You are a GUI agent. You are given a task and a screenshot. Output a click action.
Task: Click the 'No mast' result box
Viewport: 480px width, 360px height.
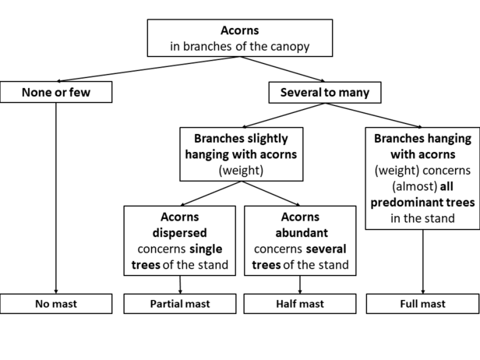(x=56, y=304)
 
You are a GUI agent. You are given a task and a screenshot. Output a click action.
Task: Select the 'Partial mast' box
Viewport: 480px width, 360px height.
(x=180, y=304)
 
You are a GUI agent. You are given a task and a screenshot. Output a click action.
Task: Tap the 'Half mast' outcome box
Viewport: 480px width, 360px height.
(x=300, y=304)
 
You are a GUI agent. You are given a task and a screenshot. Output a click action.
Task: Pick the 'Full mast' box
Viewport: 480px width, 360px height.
(x=423, y=304)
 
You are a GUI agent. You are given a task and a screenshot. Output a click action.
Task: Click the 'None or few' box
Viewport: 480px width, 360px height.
(x=56, y=92)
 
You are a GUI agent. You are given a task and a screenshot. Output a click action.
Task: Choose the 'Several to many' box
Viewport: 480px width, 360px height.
(x=325, y=93)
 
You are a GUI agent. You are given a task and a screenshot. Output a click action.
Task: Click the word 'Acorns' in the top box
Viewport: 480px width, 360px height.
(x=240, y=30)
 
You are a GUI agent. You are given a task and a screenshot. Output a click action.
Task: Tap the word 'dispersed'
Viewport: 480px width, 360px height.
(x=180, y=233)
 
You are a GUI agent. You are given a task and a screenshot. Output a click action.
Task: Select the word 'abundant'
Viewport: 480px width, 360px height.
(x=302, y=233)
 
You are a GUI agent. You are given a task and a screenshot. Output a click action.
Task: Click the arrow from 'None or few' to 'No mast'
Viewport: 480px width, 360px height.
(x=56, y=199)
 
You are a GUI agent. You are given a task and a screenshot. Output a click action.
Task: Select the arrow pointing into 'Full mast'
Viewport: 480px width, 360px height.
(x=423, y=262)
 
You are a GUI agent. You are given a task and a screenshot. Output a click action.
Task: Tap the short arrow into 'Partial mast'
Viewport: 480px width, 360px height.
(x=180, y=284)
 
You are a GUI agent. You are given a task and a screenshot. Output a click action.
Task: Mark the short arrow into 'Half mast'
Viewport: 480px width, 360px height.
(x=300, y=284)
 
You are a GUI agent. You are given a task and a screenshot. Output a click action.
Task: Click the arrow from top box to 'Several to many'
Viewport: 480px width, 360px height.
(x=282, y=69)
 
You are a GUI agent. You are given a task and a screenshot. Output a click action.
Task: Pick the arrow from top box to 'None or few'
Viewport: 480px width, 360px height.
(x=148, y=69)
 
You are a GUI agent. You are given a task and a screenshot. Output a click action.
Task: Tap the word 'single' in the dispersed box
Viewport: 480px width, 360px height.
(x=206, y=249)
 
